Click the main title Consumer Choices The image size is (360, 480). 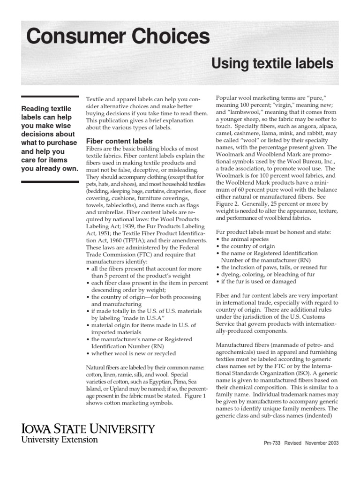pyautogui.click(x=118, y=36)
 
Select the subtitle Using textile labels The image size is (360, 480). pyautogui.click(x=272, y=63)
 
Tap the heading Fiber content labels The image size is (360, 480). pyautogui.click(x=119, y=141)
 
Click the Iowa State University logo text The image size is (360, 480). pyautogui.click(x=87, y=428)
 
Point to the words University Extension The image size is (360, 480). pyautogui.click(x=59, y=440)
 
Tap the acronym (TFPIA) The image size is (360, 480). pyautogui.click(x=135, y=240)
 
